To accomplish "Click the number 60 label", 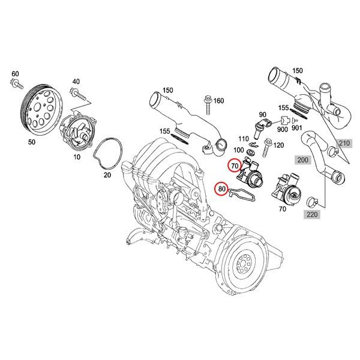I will coord(15,73).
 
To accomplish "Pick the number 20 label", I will coord(108,176).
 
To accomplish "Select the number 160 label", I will coord(218,100).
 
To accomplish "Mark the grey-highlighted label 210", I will coord(343,143).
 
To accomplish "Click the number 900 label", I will coord(281,128).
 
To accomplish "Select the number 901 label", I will coord(296,128).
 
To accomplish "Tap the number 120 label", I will coord(278,146).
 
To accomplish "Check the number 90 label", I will coord(262,114).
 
